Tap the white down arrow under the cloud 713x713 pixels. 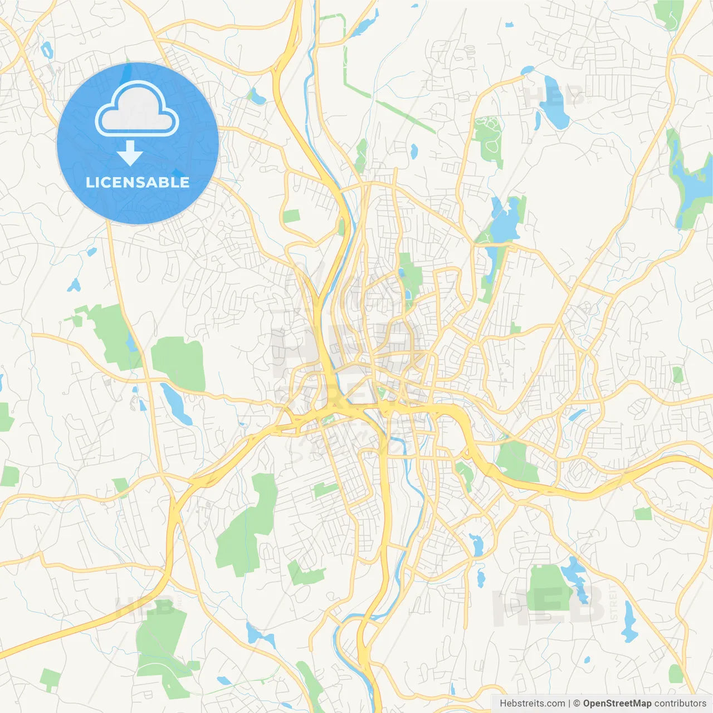click(130, 153)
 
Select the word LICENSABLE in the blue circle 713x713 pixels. click(138, 182)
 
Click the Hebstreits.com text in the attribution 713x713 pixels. click(532, 704)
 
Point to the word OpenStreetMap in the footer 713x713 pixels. click(617, 704)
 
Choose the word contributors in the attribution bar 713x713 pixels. click(680, 704)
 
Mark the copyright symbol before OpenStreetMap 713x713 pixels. click(577, 704)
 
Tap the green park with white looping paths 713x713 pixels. click(489, 139)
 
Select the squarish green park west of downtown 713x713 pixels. click(179, 363)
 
